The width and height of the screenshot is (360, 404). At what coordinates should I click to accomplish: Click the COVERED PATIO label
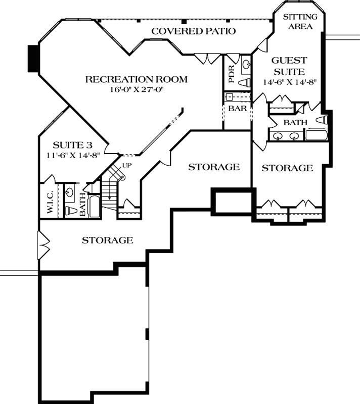tap(194, 31)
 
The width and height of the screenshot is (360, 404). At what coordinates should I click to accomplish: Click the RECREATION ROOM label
tap(136, 79)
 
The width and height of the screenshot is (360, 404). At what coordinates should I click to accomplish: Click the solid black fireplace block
tap(34, 60)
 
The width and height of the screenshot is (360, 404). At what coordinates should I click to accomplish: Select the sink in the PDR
tap(245, 64)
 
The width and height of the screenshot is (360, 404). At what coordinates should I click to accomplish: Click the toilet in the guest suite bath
tap(322, 120)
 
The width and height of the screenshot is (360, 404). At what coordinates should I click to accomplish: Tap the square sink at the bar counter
tap(229, 95)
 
